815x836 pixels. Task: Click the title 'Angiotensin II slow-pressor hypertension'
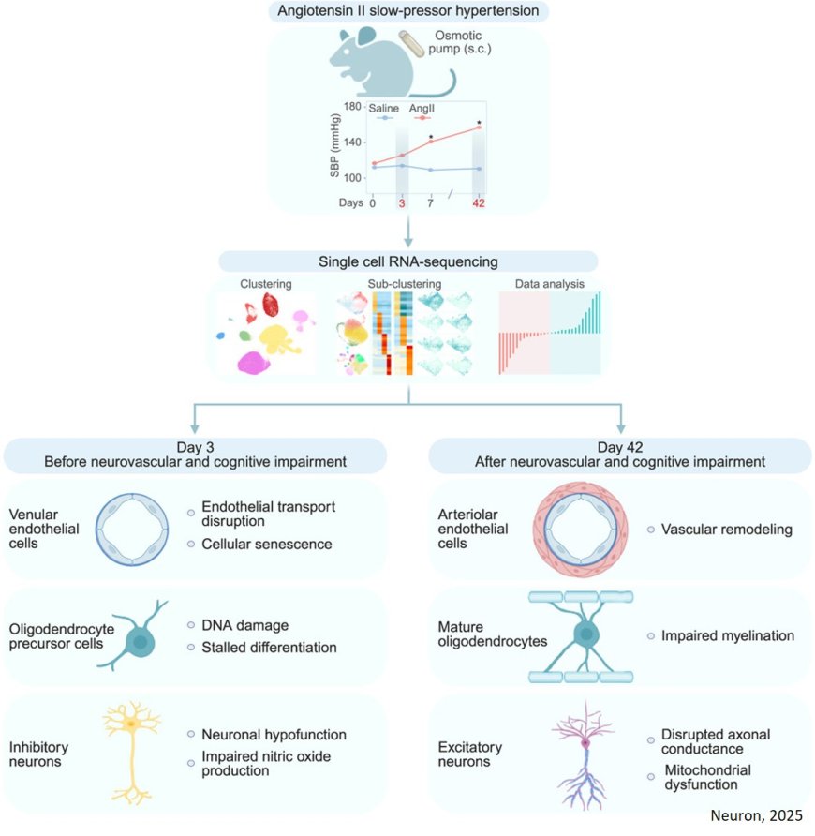pos(408,11)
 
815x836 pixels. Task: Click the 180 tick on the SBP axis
pos(353,107)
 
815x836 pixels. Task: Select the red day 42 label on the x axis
pos(478,202)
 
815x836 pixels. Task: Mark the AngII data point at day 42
pos(479,128)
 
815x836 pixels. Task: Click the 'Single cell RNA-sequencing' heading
pos(407,261)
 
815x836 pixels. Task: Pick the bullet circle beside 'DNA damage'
pos(190,625)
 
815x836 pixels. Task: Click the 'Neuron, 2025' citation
pos(756,815)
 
